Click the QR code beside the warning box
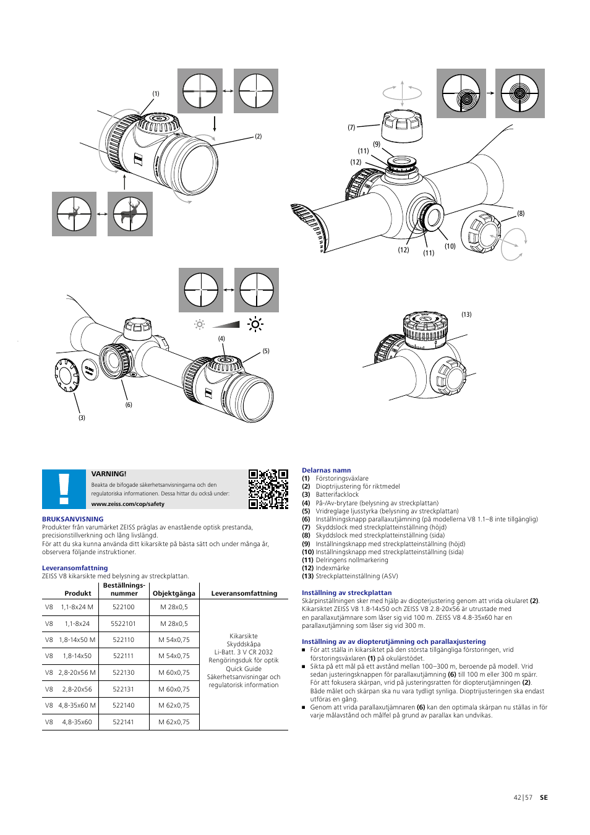click(268, 489)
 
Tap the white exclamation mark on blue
click(64, 489)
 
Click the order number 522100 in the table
click(124, 607)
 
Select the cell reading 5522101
click(124, 623)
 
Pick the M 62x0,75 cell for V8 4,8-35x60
click(174, 722)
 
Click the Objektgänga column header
click(174, 593)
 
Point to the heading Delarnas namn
click(326, 471)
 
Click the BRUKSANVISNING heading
click(72, 520)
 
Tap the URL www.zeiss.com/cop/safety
click(128, 504)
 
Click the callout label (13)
click(466, 315)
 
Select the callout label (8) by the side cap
click(521, 213)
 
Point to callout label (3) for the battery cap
click(82, 418)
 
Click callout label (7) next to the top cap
click(351, 127)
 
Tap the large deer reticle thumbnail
click(130, 214)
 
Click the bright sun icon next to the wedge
click(255, 323)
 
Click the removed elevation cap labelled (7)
click(402, 126)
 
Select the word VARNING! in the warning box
click(109, 474)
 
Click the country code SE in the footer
click(544, 798)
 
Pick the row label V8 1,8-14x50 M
click(70, 640)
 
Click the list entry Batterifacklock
click(337, 495)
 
